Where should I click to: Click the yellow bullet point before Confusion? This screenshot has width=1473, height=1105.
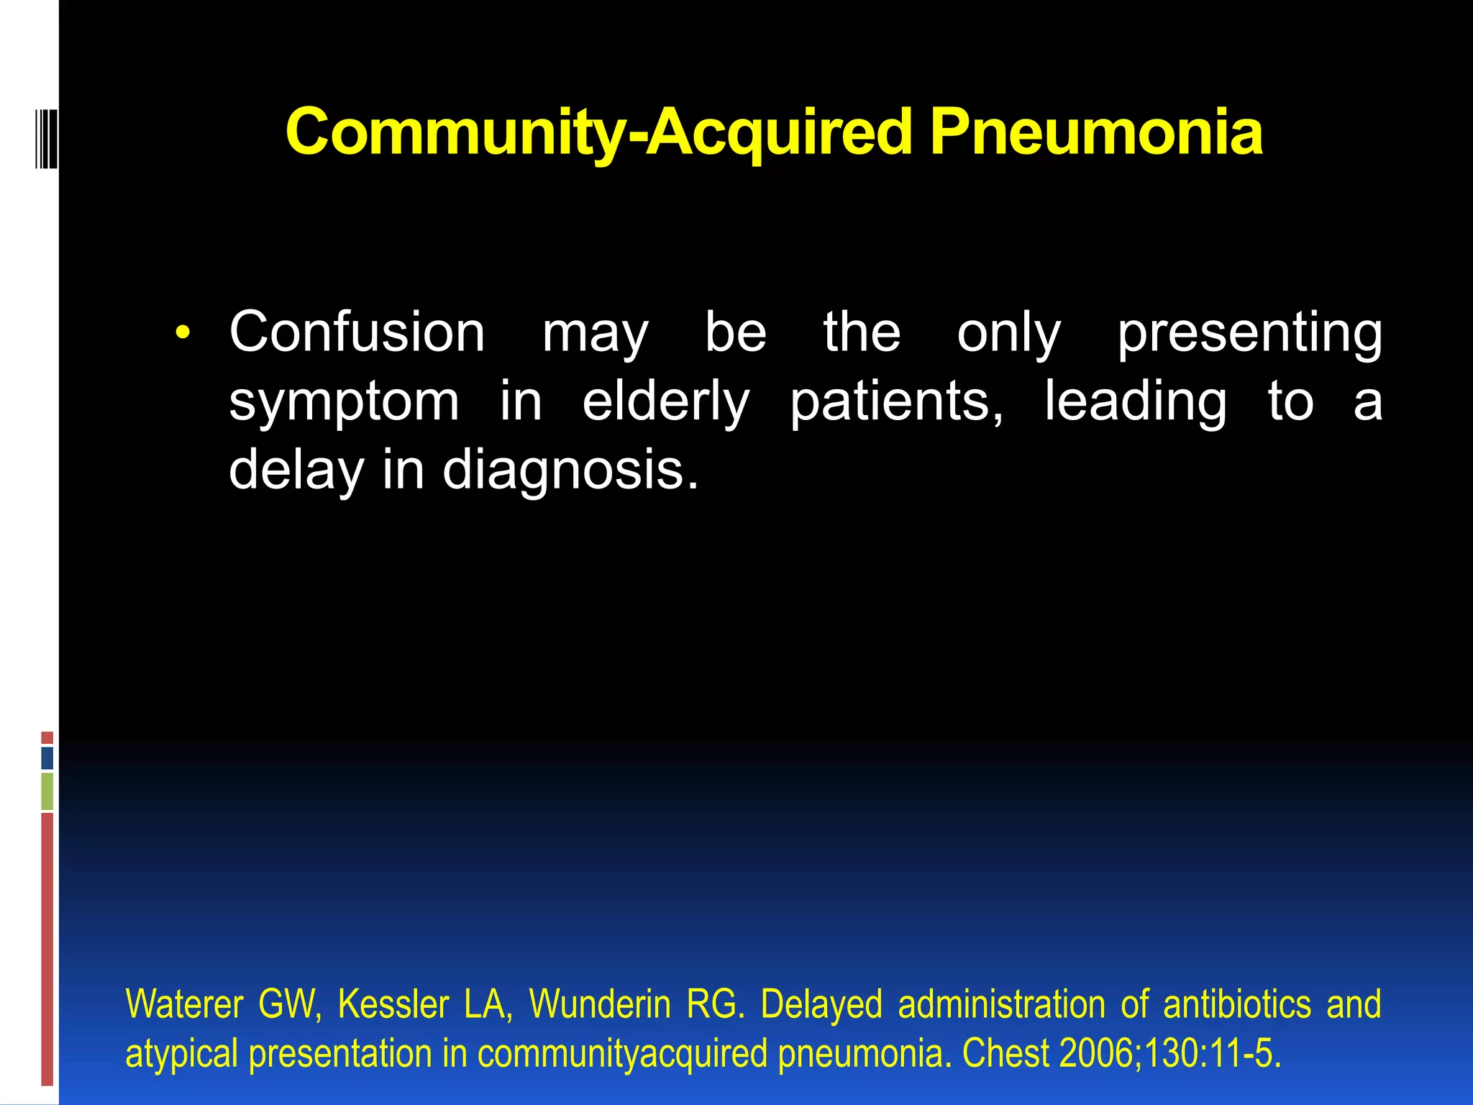point(183,332)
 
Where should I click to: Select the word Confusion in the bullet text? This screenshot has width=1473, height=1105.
point(357,332)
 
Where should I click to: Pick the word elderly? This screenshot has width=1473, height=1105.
point(665,401)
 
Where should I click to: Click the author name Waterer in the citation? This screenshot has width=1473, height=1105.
point(184,1004)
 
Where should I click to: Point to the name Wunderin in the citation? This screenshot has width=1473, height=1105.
point(599,1004)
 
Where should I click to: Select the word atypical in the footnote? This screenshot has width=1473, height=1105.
point(181,1055)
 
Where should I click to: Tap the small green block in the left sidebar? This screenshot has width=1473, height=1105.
point(47,791)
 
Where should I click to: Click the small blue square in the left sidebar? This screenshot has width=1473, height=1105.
point(47,758)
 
